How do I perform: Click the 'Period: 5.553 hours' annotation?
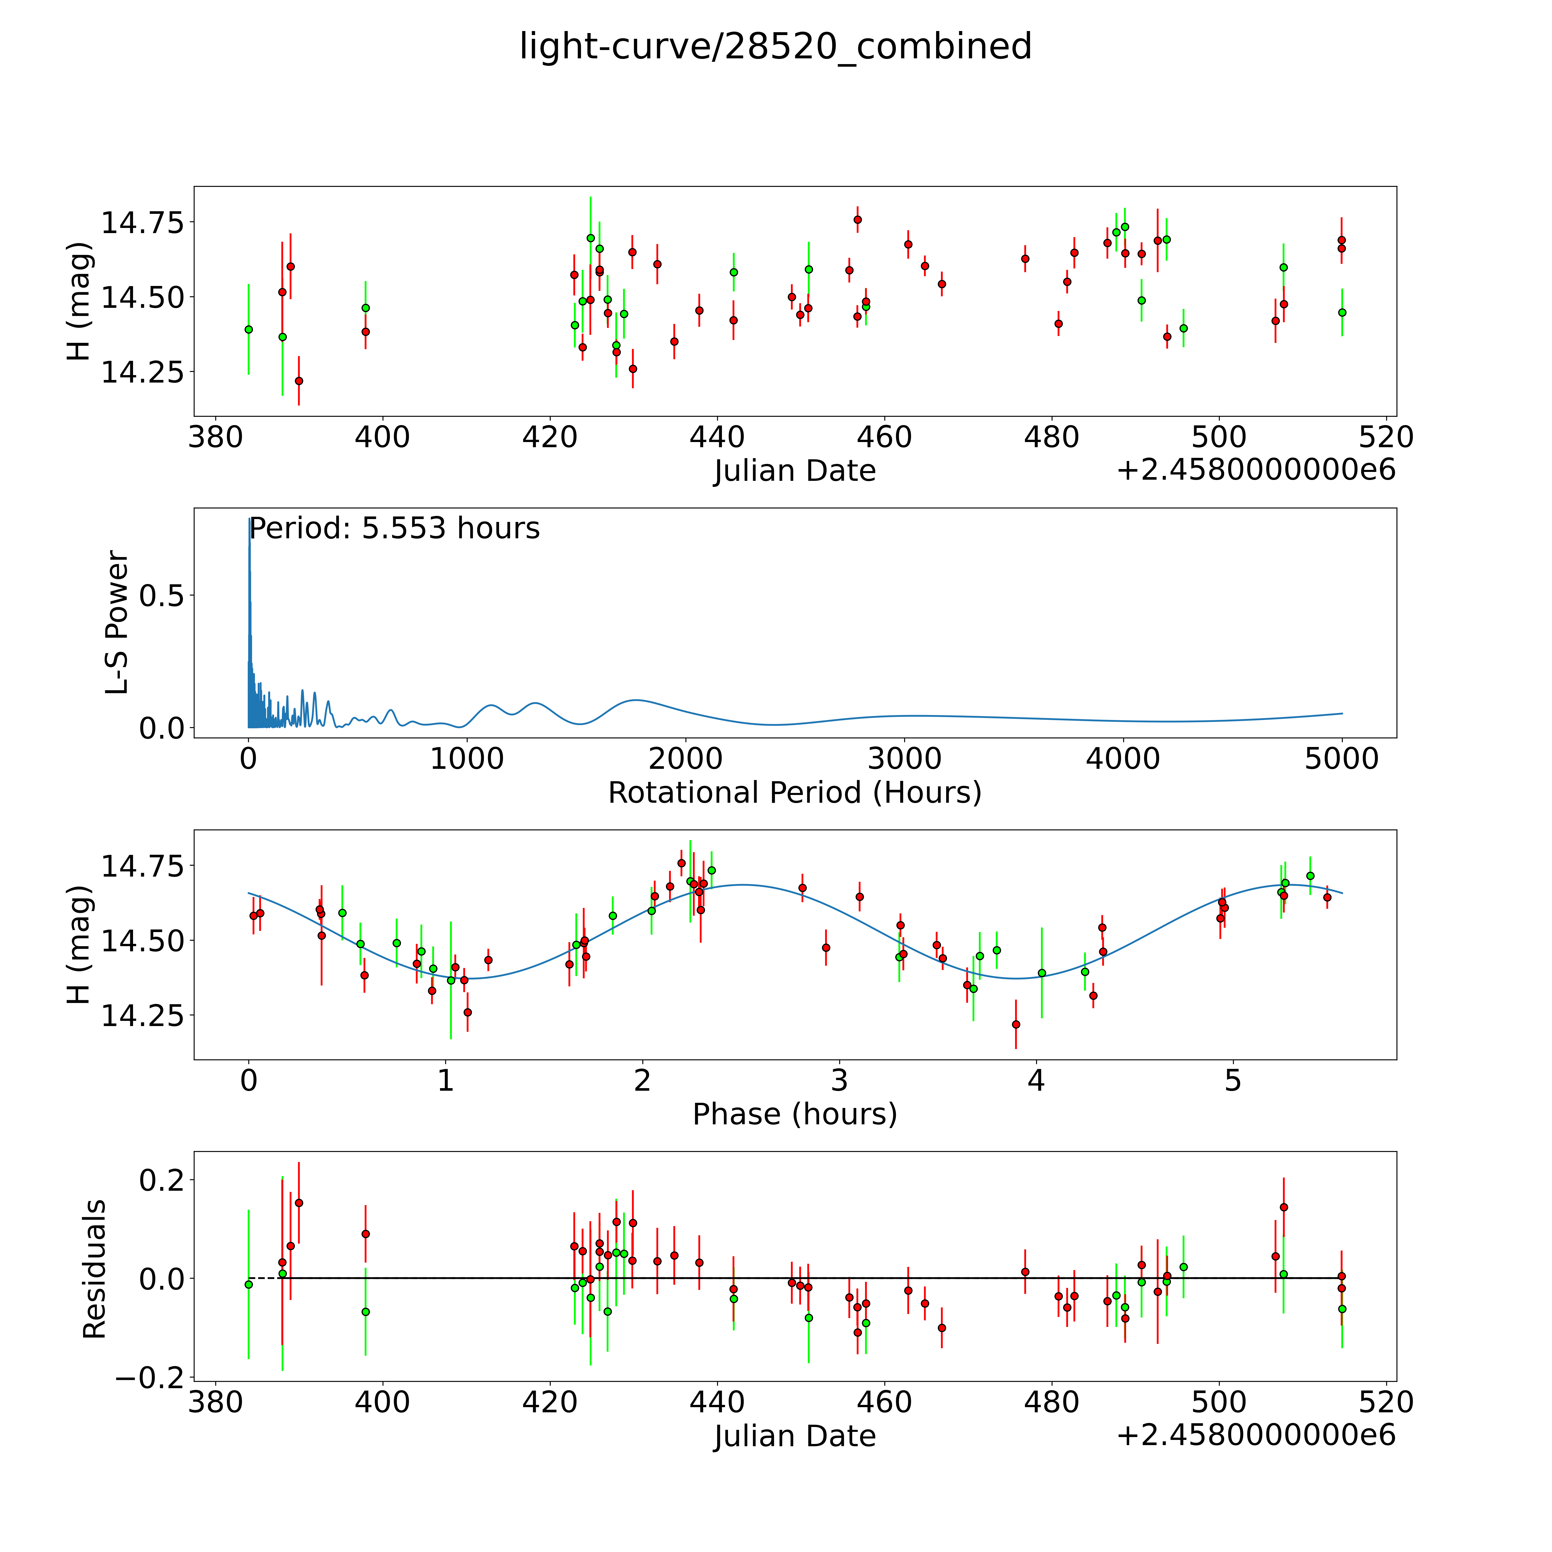coord(394,529)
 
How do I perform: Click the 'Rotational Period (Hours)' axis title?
coord(794,793)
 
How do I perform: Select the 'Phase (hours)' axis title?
coord(794,1114)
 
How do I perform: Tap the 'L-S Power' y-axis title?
coord(117,623)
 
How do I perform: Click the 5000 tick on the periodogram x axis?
coord(1342,759)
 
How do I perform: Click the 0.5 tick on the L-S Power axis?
coord(162,595)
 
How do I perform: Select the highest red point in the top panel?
coord(857,219)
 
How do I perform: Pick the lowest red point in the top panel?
coord(299,381)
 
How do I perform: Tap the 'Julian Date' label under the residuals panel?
coord(794,1436)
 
